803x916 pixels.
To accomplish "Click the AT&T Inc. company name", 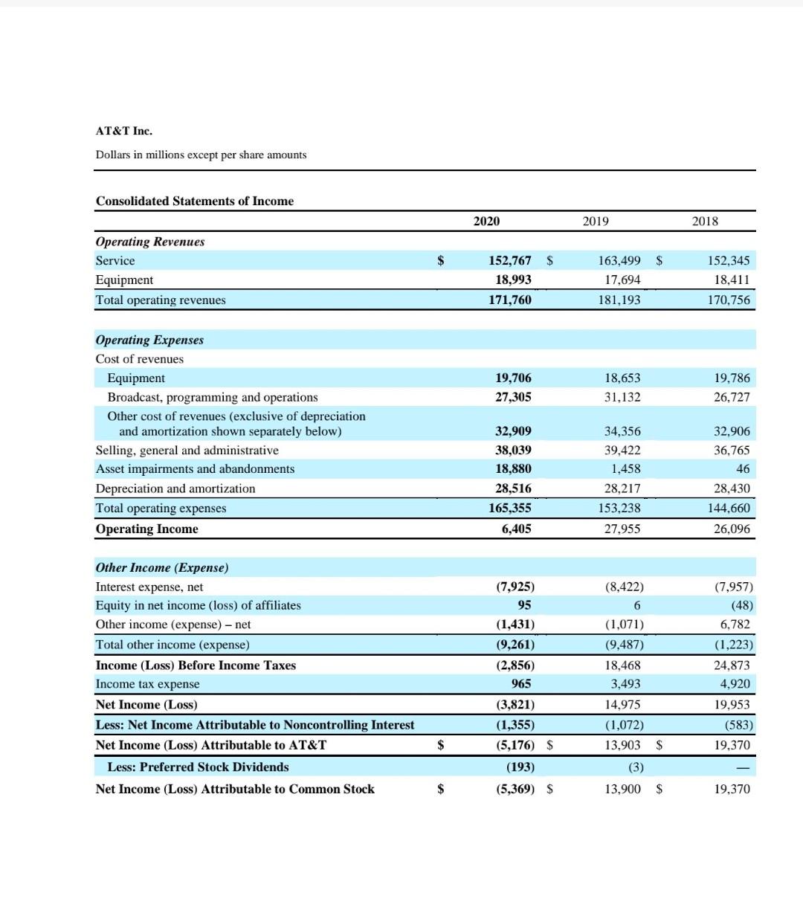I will [x=123, y=131].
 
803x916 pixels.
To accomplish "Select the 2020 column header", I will [x=486, y=222].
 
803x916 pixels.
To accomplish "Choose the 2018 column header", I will [x=705, y=222].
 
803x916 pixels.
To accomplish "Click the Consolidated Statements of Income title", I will [x=195, y=201].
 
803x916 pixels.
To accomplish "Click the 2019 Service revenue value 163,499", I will [x=619, y=261].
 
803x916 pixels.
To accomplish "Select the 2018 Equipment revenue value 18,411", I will [x=732, y=280].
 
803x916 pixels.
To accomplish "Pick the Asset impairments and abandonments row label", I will [x=195, y=469].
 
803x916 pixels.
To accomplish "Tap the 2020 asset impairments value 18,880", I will [x=513, y=469].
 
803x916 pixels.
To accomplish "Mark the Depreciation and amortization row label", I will [x=175, y=488].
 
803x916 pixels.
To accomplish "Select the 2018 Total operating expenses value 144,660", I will [x=729, y=509].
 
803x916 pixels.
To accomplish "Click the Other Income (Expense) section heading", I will [x=162, y=568].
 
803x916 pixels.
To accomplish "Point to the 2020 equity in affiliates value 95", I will [x=524, y=605].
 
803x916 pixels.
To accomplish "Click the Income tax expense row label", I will [x=147, y=684].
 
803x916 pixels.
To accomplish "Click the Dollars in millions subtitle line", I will [x=201, y=155].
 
